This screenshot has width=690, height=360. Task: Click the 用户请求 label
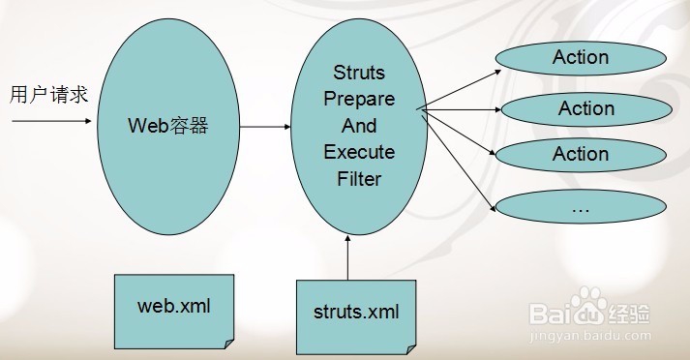(48, 95)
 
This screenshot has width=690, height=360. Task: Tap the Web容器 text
(168, 126)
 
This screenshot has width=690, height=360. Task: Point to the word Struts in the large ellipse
(358, 74)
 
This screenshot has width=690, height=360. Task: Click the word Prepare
(359, 100)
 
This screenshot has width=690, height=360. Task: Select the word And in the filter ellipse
(359, 126)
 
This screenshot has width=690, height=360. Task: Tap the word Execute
(359, 152)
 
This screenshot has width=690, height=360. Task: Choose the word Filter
(359, 178)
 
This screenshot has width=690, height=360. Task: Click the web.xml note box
(173, 308)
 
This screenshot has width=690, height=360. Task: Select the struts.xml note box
(356, 312)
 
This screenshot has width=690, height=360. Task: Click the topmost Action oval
(580, 57)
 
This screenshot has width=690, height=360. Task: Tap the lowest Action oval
(580, 154)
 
